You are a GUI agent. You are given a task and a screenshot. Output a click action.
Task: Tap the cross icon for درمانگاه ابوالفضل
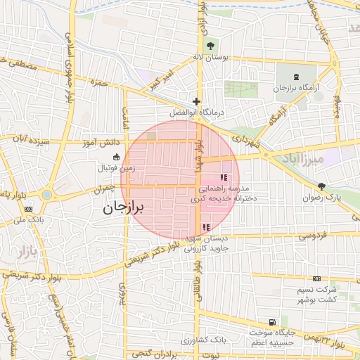197,101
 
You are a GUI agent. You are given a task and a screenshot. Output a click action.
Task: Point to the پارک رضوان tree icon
322,186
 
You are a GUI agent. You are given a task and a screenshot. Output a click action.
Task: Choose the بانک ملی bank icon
28,209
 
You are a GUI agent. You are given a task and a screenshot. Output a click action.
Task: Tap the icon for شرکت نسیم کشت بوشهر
316,279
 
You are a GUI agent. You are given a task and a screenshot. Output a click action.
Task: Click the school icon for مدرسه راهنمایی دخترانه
223,178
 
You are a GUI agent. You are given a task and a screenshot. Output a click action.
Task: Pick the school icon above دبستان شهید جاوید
205,226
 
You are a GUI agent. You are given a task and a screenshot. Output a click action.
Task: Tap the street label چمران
103,189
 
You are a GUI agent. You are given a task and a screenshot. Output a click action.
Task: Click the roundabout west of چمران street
47,194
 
